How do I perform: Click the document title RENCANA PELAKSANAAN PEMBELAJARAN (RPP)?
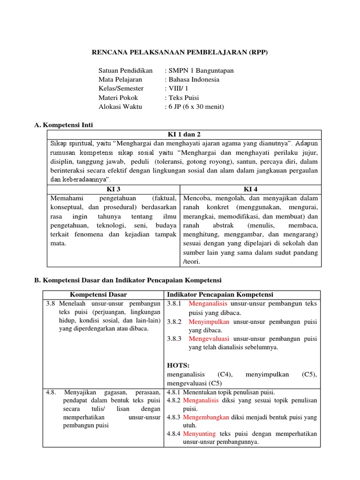(x=180, y=52)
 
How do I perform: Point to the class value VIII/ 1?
(x=178, y=89)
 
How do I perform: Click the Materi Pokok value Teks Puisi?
(x=183, y=97)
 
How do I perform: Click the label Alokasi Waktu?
(x=120, y=106)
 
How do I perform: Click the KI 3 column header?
(x=113, y=189)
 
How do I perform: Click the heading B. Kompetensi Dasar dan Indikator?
(x=127, y=280)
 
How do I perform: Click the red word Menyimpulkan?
(x=209, y=322)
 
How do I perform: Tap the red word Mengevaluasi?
(x=209, y=338)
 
